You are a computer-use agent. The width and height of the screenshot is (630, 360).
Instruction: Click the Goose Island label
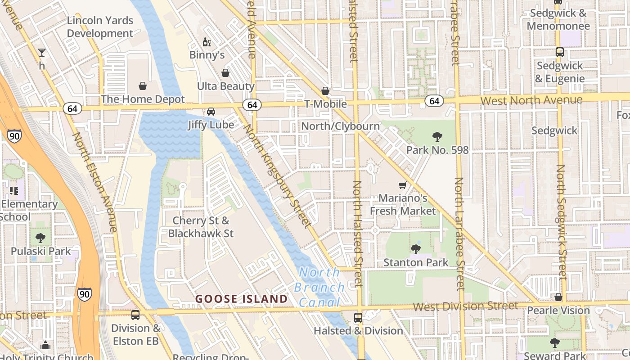(241, 299)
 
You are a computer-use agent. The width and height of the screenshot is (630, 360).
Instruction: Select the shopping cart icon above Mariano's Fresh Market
(403, 185)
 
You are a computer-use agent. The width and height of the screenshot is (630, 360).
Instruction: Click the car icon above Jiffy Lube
(211, 112)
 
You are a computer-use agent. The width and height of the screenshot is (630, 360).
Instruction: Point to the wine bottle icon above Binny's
(207, 42)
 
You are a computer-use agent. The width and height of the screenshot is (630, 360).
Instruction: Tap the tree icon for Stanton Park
(415, 249)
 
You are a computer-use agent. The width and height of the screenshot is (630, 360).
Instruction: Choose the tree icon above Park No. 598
(436, 137)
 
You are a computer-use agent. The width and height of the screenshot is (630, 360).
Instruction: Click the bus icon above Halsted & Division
(358, 318)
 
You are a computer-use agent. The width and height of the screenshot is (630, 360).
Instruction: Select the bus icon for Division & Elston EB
(135, 315)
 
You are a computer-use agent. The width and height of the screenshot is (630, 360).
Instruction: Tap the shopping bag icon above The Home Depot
(143, 86)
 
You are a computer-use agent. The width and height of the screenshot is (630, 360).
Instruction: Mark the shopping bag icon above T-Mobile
(325, 91)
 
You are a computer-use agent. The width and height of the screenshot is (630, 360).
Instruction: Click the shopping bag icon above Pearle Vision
(558, 297)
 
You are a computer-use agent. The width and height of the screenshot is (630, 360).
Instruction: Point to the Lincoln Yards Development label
(100, 27)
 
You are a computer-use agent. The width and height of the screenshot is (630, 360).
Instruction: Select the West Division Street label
(465, 306)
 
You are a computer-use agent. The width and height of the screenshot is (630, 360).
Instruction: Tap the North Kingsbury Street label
(277, 175)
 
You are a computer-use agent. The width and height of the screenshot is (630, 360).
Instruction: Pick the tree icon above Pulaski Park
(40, 238)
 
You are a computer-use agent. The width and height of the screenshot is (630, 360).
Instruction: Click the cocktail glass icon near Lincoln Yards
(42, 53)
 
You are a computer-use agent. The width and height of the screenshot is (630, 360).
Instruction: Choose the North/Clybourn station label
(340, 126)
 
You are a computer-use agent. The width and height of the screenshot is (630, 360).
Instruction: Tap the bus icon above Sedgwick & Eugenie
(559, 52)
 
